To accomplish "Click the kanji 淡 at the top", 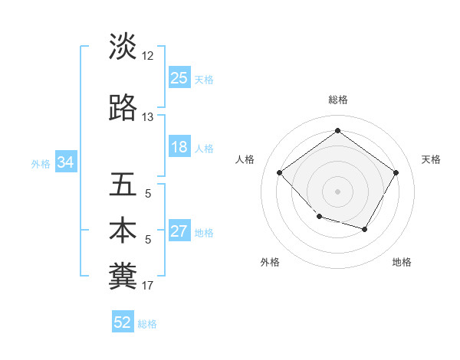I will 123,46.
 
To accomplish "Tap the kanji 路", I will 123,108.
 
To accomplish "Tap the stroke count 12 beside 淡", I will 148,56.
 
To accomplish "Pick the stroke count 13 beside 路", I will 148,117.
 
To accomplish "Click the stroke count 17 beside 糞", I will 148,286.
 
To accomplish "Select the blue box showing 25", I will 179,78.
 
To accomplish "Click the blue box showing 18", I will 179,148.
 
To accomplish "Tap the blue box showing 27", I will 179,232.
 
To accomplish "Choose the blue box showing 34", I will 65,162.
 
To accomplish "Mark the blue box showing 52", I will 123,322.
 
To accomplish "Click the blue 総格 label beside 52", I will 147,324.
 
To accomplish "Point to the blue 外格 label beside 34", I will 41,163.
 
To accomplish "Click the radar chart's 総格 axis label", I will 337,100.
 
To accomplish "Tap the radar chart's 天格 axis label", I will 431,159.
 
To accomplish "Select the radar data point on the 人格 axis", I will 280,172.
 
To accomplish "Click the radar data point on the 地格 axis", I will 365,229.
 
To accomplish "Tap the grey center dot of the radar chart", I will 337,191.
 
